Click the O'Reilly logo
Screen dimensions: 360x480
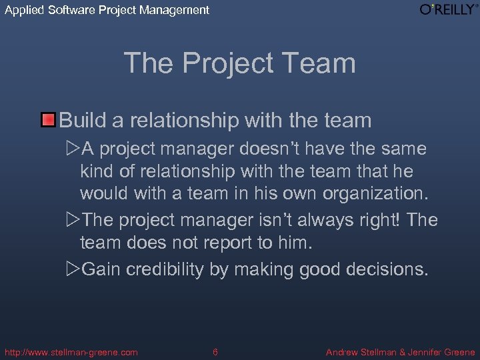pos(447,9)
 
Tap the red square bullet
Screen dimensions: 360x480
pos(49,121)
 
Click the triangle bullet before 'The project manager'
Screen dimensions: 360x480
pos(73,220)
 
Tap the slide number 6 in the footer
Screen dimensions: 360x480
pos(215,352)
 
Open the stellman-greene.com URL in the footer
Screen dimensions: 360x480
pos(71,352)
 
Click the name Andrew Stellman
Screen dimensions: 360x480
pos(361,352)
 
